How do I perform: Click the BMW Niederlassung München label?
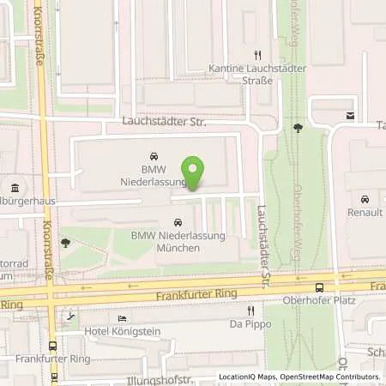click(x=166, y=241)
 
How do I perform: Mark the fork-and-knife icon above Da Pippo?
click(x=250, y=311)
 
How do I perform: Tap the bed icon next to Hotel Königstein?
click(x=121, y=318)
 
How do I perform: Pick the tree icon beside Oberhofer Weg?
click(x=298, y=129)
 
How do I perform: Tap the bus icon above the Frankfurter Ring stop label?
click(x=54, y=346)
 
